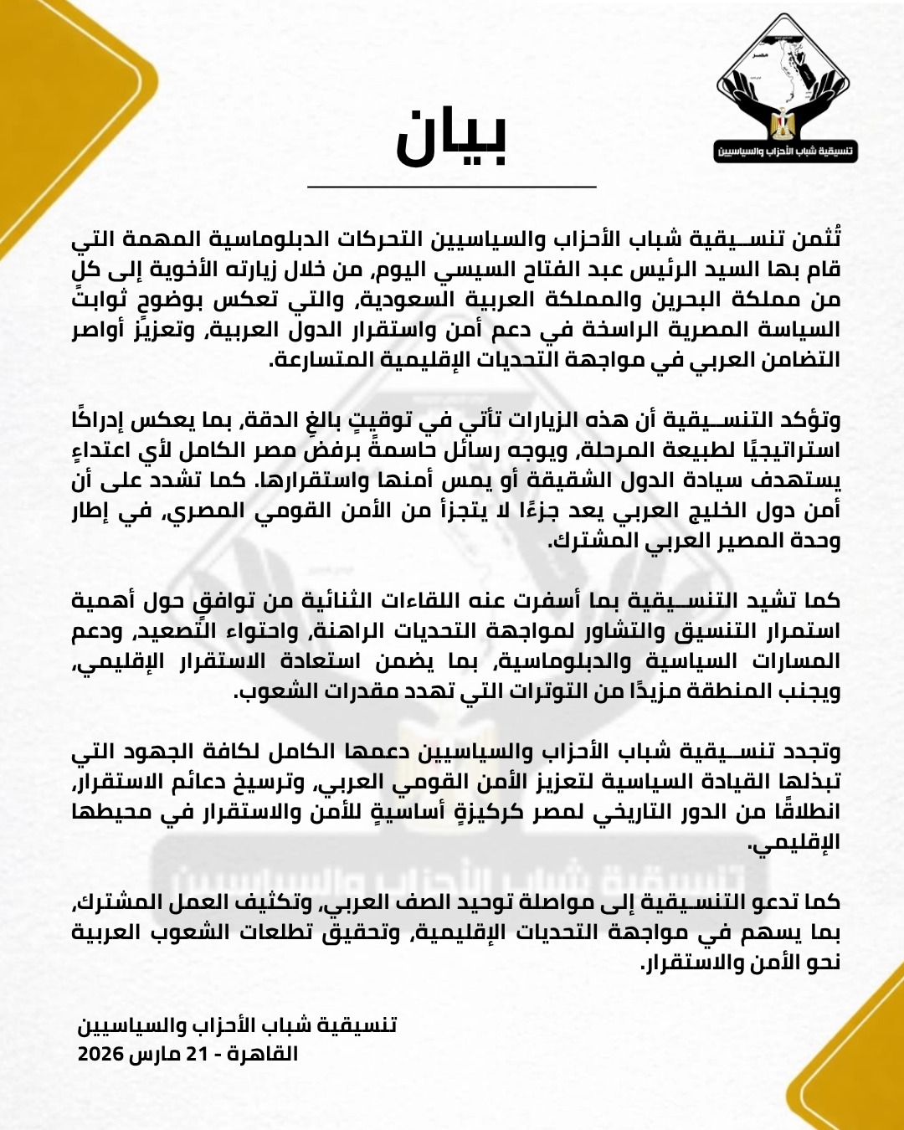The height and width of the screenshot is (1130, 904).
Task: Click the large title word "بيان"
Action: (451, 136)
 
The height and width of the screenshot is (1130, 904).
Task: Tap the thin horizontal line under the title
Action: (451, 186)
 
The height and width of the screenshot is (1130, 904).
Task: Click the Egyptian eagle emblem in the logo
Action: (783, 123)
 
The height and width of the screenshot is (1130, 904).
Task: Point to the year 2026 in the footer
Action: (100, 1053)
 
